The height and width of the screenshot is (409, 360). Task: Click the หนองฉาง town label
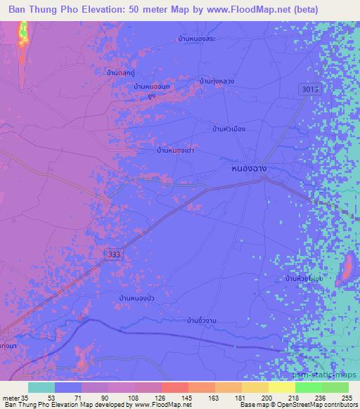click(x=247, y=169)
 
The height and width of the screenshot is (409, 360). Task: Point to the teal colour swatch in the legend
click(x=41, y=387)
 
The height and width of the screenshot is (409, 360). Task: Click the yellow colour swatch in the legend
click(x=282, y=387)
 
